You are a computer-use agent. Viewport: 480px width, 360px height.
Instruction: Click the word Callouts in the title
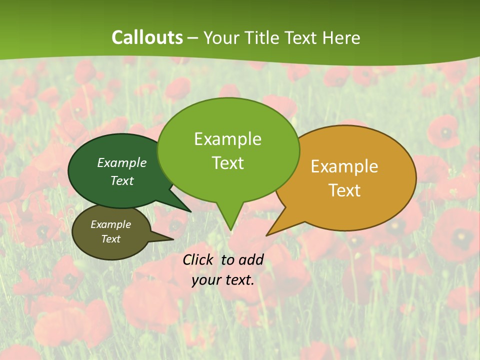click(147, 37)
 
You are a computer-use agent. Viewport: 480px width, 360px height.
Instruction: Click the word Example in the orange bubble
click(344, 166)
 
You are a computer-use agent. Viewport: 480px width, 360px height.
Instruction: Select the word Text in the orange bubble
click(344, 190)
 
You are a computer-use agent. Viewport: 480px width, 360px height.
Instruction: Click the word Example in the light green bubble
click(227, 139)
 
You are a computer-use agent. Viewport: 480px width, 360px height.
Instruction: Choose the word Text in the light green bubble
click(227, 163)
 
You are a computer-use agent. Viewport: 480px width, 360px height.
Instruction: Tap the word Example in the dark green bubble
click(122, 162)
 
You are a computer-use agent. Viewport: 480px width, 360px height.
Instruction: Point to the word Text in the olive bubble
click(111, 239)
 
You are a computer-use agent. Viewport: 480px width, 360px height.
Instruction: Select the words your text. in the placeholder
click(223, 280)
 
